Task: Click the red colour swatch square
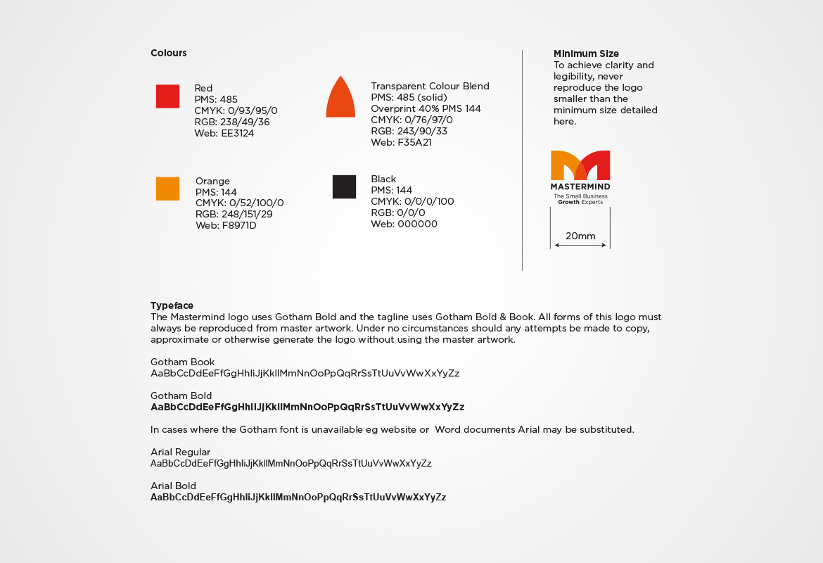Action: click(x=167, y=96)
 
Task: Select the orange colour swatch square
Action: click(x=167, y=189)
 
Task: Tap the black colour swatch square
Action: click(x=344, y=186)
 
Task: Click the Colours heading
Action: click(x=169, y=53)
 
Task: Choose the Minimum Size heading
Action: click(x=586, y=53)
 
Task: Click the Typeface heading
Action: click(x=172, y=305)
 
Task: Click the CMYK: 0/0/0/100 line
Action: click(x=412, y=201)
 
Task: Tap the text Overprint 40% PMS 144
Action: click(x=426, y=108)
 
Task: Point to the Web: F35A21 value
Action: click(x=401, y=142)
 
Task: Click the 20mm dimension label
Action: click(x=580, y=236)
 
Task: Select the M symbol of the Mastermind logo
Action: click(x=580, y=165)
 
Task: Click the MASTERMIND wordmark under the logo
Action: click(x=580, y=186)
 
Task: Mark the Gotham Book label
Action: click(x=182, y=362)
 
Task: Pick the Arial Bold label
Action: click(x=173, y=486)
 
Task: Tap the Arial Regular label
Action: click(x=180, y=452)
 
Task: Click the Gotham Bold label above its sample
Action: click(x=181, y=396)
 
